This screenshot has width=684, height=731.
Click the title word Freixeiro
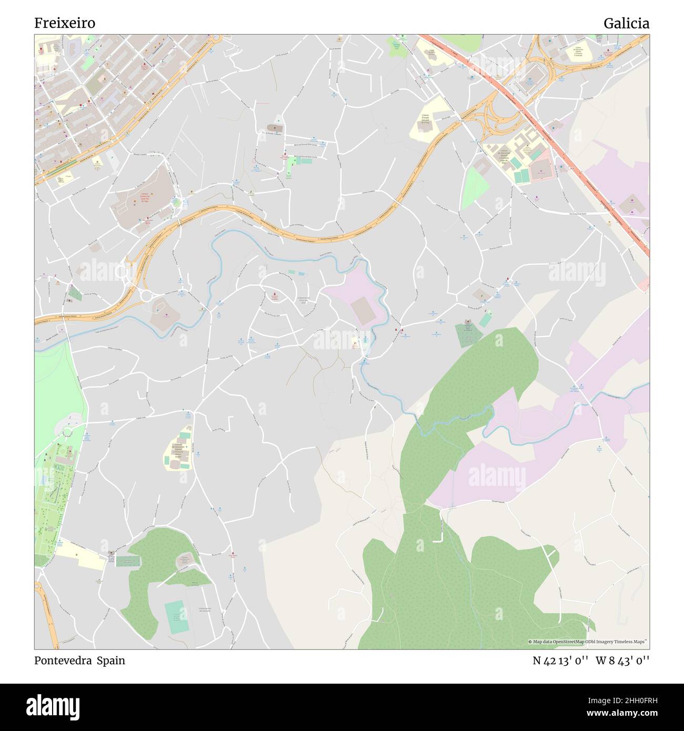pos(65,23)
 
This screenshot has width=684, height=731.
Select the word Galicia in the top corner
pos(626,23)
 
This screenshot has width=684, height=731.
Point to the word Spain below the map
pos(110,661)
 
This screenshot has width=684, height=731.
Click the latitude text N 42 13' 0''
pos(561,661)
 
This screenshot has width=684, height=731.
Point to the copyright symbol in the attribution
pos(530,642)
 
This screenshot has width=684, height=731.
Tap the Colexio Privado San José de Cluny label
pos(426,119)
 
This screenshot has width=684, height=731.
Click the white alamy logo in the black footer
pos(55,706)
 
